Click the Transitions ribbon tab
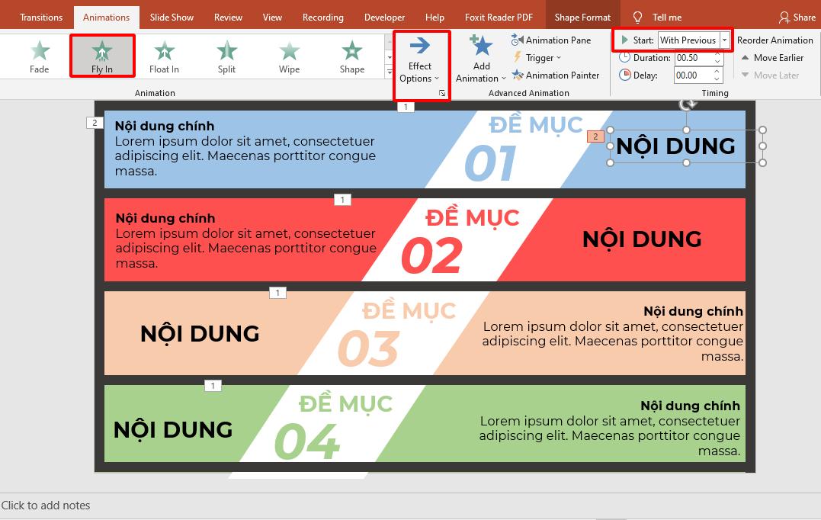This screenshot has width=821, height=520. pyautogui.click(x=41, y=17)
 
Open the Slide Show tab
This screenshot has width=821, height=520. pyautogui.click(x=172, y=17)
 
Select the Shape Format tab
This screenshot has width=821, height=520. pyautogui.click(x=582, y=17)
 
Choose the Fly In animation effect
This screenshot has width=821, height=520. pyautogui.click(x=102, y=56)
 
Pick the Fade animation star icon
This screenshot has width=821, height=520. pyautogui.click(x=40, y=51)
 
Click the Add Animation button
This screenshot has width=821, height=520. pyautogui.click(x=481, y=59)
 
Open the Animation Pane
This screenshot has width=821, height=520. pyautogui.click(x=551, y=40)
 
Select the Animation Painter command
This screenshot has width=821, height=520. pyautogui.click(x=556, y=75)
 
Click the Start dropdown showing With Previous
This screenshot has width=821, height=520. pyautogui.click(x=694, y=40)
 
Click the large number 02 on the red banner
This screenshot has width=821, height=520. pyautogui.click(x=431, y=255)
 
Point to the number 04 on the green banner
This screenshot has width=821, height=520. pyautogui.click(x=306, y=441)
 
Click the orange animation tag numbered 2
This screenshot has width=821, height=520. pyautogui.click(x=595, y=136)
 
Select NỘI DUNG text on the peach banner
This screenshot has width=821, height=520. pyautogui.click(x=200, y=333)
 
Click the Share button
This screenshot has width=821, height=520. pyautogui.click(x=797, y=17)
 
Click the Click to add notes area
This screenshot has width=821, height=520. pyautogui.click(x=46, y=505)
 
